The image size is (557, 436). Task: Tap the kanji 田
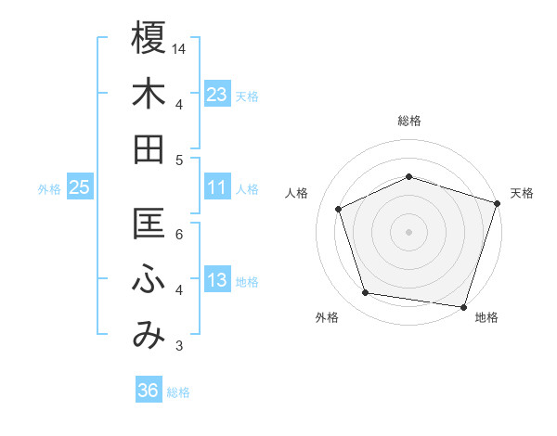[149, 149]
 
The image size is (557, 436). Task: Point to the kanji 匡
[149, 224]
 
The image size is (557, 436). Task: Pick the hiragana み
[149, 335]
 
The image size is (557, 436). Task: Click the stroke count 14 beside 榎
[179, 47]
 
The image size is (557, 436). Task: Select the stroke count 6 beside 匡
[179, 234]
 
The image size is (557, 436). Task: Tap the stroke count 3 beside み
[179, 346]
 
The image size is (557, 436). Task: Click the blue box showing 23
[217, 94]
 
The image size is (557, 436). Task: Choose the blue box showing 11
[217, 187]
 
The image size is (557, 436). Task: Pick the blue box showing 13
[217, 280]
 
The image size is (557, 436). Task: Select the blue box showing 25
[80, 187]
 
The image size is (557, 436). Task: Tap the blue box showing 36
[149, 391]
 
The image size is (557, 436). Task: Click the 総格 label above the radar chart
[408, 121]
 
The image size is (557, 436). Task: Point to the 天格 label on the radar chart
[522, 193]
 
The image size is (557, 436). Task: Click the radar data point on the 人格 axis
[339, 209]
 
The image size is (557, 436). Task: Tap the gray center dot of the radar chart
[408, 231]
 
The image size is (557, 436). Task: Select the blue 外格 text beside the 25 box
[49, 188]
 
